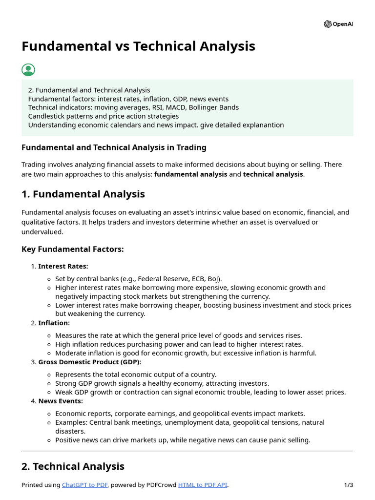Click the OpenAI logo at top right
click(x=338, y=24)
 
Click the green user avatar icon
click(x=28, y=70)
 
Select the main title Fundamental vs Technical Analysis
click(x=138, y=46)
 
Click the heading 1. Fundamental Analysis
click(x=83, y=194)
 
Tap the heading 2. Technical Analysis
click(x=73, y=466)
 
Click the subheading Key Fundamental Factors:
click(x=73, y=250)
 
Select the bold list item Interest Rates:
click(x=63, y=266)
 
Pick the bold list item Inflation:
click(x=54, y=323)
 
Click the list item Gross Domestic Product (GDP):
click(x=89, y=362)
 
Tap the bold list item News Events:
click(x=61, y=401)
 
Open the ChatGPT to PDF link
click(x=85, y=485)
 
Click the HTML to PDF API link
click(x=203, y=485)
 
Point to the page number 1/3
click(x=349, y=485)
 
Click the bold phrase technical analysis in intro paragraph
click(x=273, y=174)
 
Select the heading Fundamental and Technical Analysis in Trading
click(x=114, y=147)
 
